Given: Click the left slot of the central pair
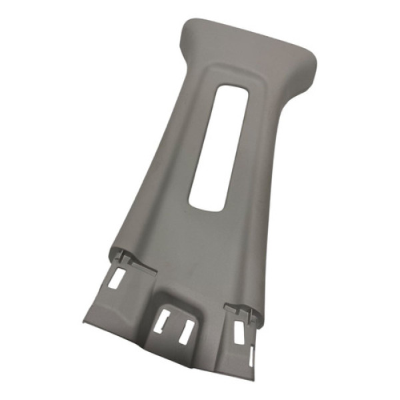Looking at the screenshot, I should pyautogui.click(x=163, y=321).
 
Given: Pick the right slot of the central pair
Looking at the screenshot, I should pyautogui.click(x=186, y=331).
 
